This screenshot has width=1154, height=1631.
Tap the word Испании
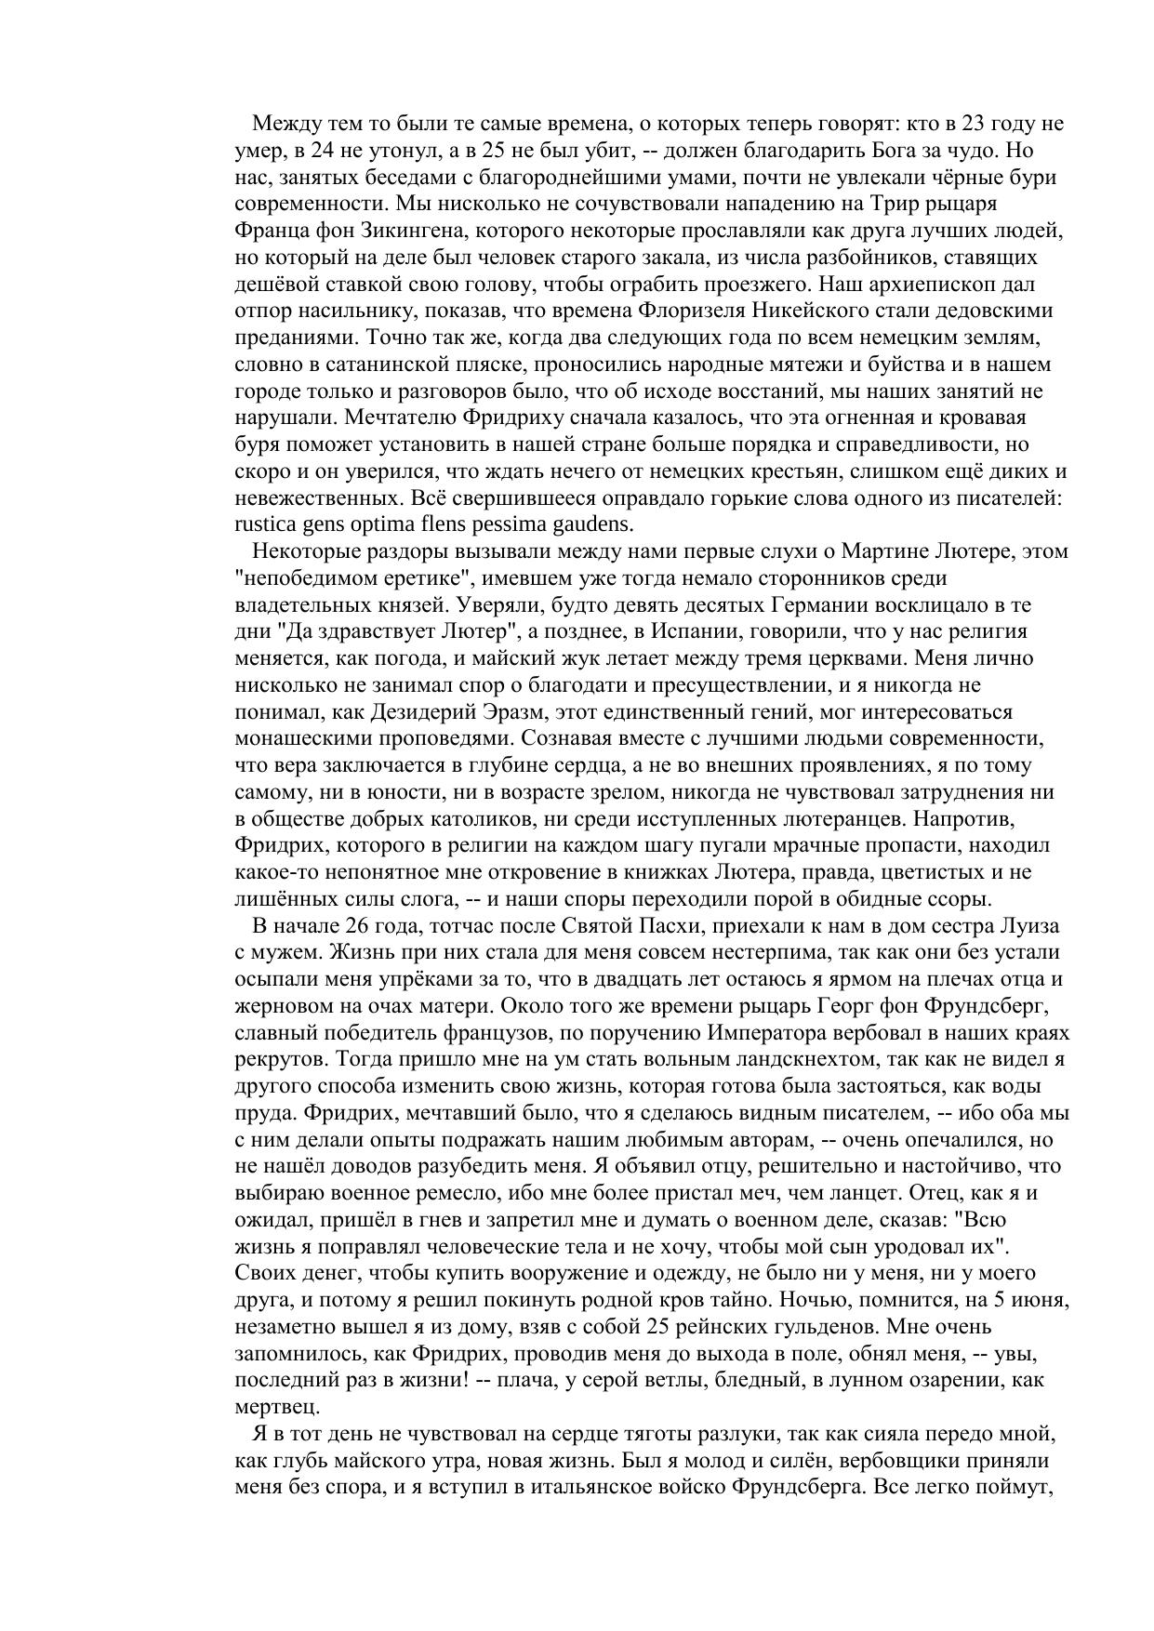(x=663, y=632)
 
